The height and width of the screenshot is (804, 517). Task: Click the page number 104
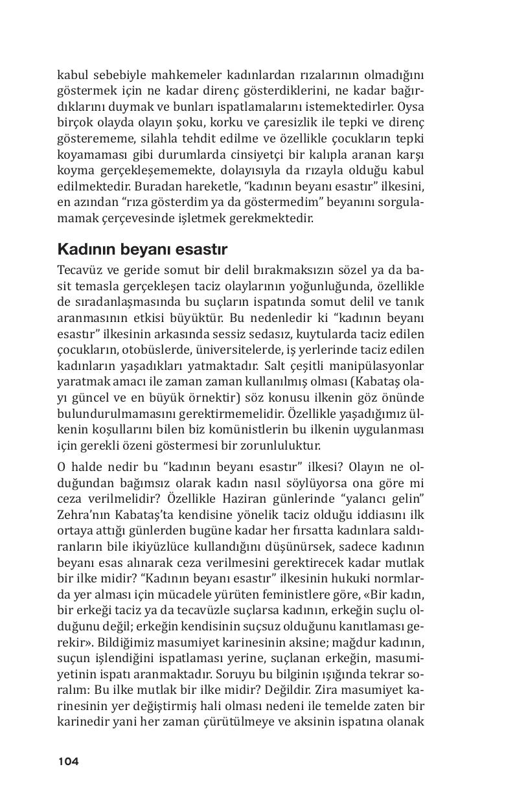68,761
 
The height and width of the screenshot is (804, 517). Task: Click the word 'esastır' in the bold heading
199,249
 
